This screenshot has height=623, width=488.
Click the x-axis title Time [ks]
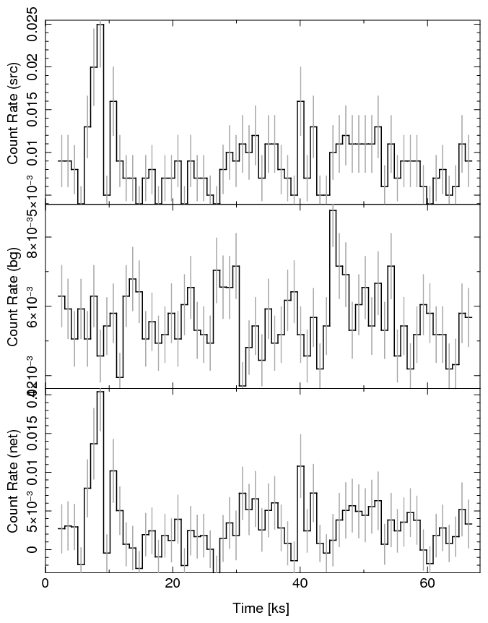pos(261,608)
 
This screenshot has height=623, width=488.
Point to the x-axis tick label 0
pos(45,584)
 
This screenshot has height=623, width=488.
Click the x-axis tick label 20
pos(172,584)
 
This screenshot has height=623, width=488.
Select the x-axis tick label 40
pos(299,584)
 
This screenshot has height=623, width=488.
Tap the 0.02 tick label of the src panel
pos(33,67)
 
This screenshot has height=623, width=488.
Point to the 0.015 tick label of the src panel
pos(33,110)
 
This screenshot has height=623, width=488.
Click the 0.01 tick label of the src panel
pos(33,152)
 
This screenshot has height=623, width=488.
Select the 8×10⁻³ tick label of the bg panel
pos(33,237)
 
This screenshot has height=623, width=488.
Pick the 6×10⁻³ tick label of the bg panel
pos(33,306)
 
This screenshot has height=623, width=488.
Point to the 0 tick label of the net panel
pos(33,549)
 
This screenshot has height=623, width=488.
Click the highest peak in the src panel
pos(100,25)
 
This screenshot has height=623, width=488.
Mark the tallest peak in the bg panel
pos(333,210)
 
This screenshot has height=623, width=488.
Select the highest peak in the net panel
pos(100,392)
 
